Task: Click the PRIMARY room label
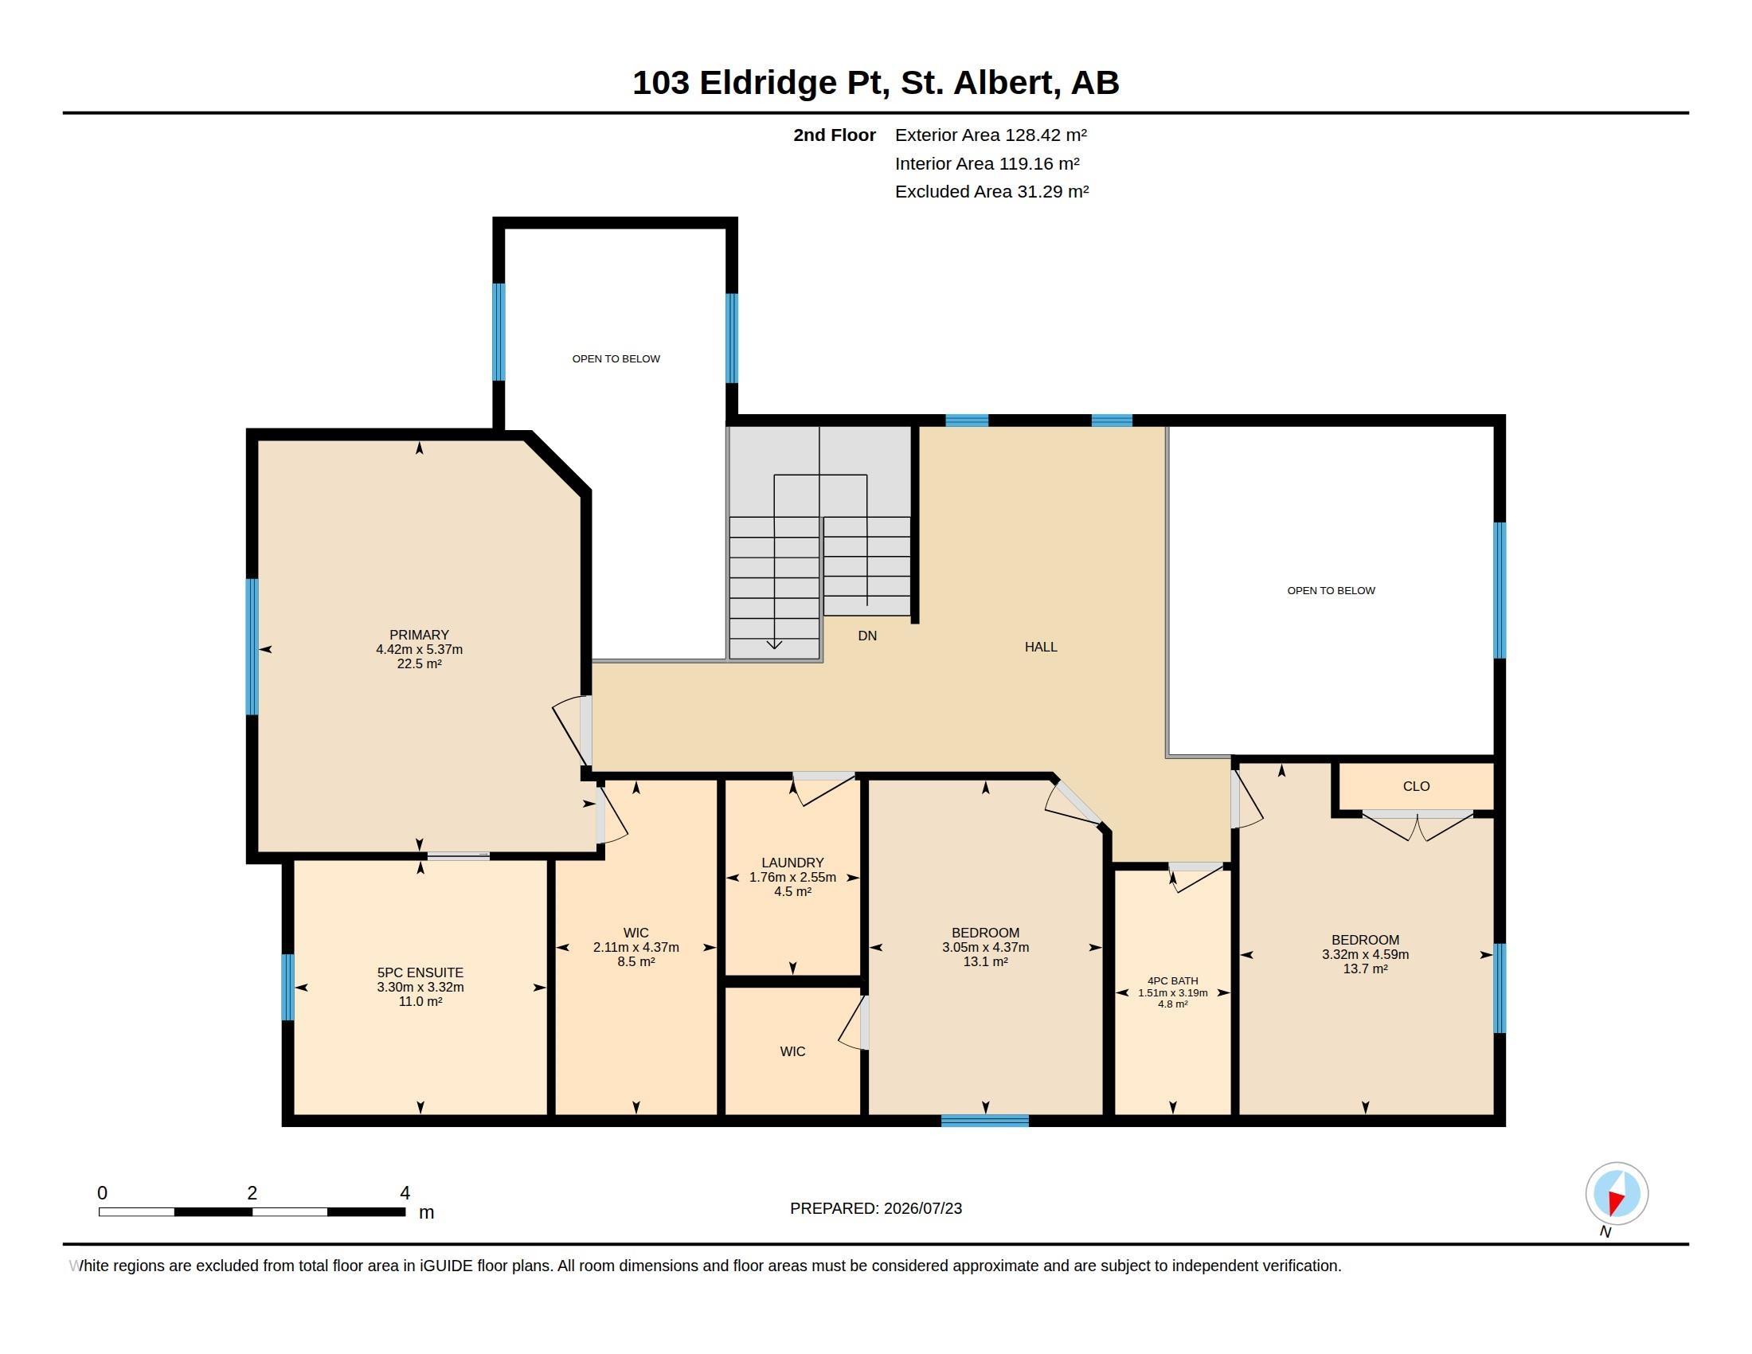pyautogui.click(x=419, y=635)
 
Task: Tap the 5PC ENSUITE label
pyautogui.click(x=420, y=972)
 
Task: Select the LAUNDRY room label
pyautogui.click(x=792, y=863)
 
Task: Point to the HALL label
pyautogui.click(x=1041, y=647)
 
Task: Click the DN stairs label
pyautogui.click(x=867, y=636)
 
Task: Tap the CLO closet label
pyautogui.click(x=1416, y=786)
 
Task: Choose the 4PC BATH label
pyautogui.click(x=1172, y=980)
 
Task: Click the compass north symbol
pyautogui.click(x=1617, y=1194)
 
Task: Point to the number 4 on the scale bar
pyautogui.click(x=405, y=1193)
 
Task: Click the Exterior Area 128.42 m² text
pyautogui.click(x=991, y=135)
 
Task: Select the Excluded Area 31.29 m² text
pyautogui.click(x=991, y=191)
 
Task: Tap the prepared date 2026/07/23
pyautogui.click(x=922, y=1208)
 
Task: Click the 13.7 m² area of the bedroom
pyautogui.click(x=1365, y=969)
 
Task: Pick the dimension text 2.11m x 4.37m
pyautogui.click(x=636, y=947)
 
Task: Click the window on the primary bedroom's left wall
pyautogui.click(x=252, y=647)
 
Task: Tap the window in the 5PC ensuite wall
pyautogui.click(x=288, y=987)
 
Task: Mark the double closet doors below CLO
pyautogui.click(x=1418, y=826)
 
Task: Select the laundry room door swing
pyautogui.click(x=823, y=789)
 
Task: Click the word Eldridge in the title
pyautogui.click(x=768, y=83)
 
